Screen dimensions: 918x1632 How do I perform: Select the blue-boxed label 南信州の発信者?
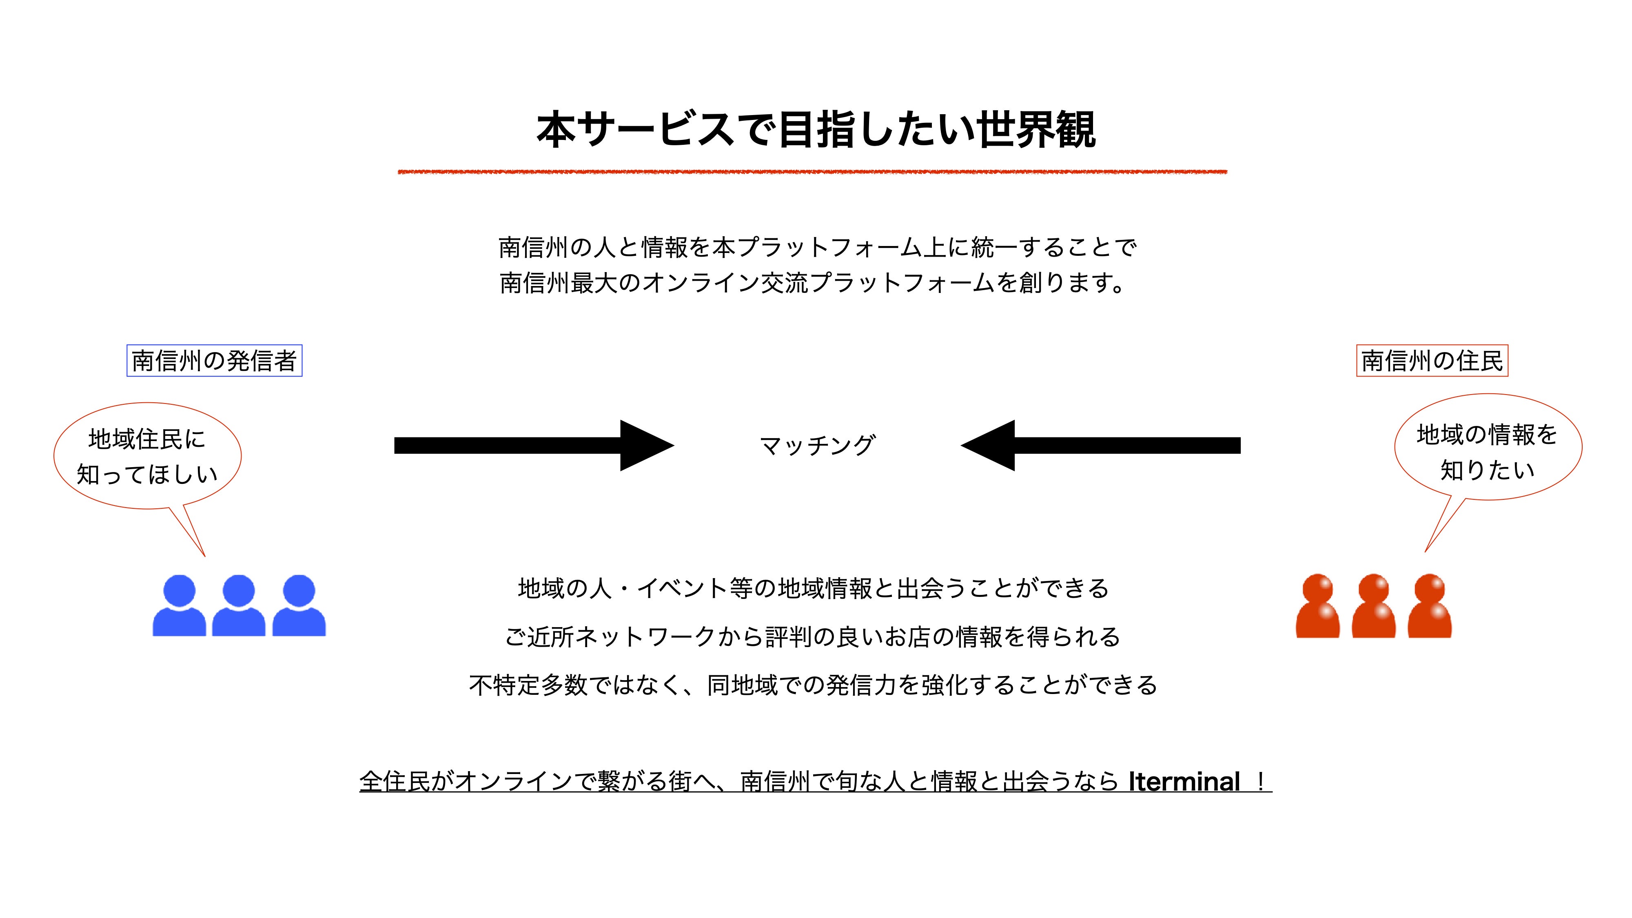(214, 361)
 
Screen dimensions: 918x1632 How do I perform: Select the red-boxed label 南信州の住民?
(1432, 361)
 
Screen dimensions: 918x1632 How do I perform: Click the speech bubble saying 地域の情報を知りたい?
(1488, 447)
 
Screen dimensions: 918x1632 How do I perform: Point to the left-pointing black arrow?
(1100, 446)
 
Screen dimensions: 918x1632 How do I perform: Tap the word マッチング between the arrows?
(817, 446)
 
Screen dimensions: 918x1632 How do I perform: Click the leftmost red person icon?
(1318, 607)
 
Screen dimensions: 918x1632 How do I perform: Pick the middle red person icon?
(1373, 607)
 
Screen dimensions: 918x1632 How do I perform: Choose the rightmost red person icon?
(1430, 607)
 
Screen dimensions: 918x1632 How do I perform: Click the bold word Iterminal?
(1184, 782)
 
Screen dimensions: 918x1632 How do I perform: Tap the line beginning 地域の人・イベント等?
(814, 589)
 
